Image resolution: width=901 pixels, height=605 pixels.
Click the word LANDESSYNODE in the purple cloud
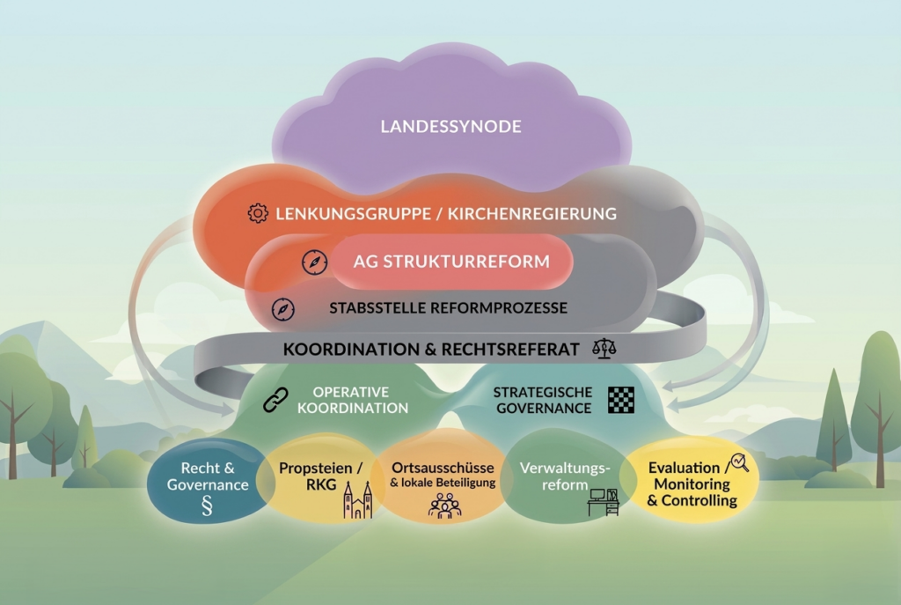[x=450, y=127]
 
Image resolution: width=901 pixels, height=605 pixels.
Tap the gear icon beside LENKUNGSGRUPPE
[x=257, y=213]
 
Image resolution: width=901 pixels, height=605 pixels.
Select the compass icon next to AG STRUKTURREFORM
[x=314, y=262]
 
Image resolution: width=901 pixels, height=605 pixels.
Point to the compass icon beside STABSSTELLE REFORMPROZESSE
[x=283, y=309]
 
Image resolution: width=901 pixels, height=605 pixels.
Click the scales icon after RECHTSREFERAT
[x=604, y=348]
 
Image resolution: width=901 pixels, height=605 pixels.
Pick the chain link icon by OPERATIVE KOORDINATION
[x=275, y=400]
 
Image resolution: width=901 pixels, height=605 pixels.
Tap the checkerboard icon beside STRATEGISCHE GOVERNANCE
[x=621, y=400]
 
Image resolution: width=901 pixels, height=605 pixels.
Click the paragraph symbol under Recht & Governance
[x=208, y=506]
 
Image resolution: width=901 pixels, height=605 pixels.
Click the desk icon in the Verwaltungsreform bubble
[x=604, y=502]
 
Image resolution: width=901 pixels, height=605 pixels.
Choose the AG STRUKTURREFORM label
[x=451, y=262]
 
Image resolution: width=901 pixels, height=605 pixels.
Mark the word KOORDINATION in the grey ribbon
[x=349, y=349]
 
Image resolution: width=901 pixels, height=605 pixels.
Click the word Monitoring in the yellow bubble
[x=692, y=483]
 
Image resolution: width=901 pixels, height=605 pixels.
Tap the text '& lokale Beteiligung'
[x=443, y=483]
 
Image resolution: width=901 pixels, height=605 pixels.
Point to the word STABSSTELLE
[x=372, y=308]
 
